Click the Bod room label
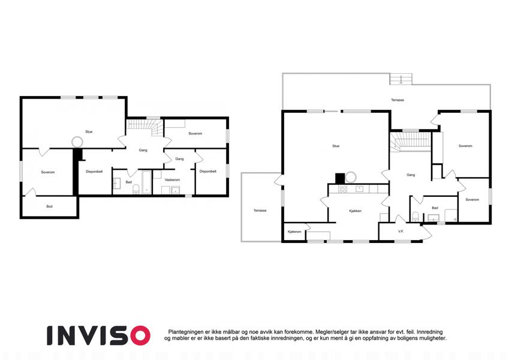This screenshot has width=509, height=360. (x=49, y=206)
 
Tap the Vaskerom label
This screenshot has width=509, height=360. (x=172, y=179)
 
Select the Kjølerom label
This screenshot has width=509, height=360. (x=294, y=232)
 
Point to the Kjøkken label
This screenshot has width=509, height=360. (x=356, y=211)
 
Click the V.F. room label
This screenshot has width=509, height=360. (x=401, y=232)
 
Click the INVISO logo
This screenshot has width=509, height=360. (x=98, y=335)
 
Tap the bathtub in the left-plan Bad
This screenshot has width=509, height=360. (x=147, y=182)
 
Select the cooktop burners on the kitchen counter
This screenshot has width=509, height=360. (x=342, y=189)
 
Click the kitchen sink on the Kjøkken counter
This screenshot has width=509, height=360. (x=359, y=189)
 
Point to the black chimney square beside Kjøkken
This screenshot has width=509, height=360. (x=340, y=178)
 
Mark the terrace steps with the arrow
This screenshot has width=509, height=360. (x=401, y=79)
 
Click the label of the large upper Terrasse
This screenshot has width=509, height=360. (x=397, y=100)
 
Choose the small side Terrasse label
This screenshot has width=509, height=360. (x=260, y=211)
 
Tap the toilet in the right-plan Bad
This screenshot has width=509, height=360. (x=415, y=217)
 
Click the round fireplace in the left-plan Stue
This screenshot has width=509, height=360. (x=77, y=142)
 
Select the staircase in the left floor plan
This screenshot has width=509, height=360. (x=144, y=127)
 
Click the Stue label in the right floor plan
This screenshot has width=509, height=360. (x=336, y=146)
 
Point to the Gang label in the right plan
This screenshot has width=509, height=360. (x=411, y=175)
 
